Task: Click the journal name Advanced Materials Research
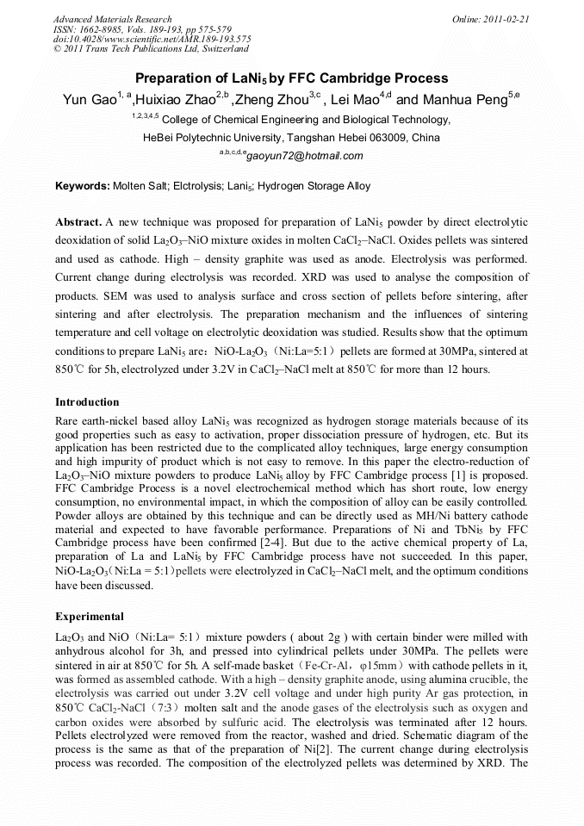112,19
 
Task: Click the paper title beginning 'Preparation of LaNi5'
292,78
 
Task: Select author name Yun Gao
86,100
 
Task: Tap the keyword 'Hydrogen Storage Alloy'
314,185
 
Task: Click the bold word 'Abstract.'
78,221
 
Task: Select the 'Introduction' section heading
87,402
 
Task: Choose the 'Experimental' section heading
90,617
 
